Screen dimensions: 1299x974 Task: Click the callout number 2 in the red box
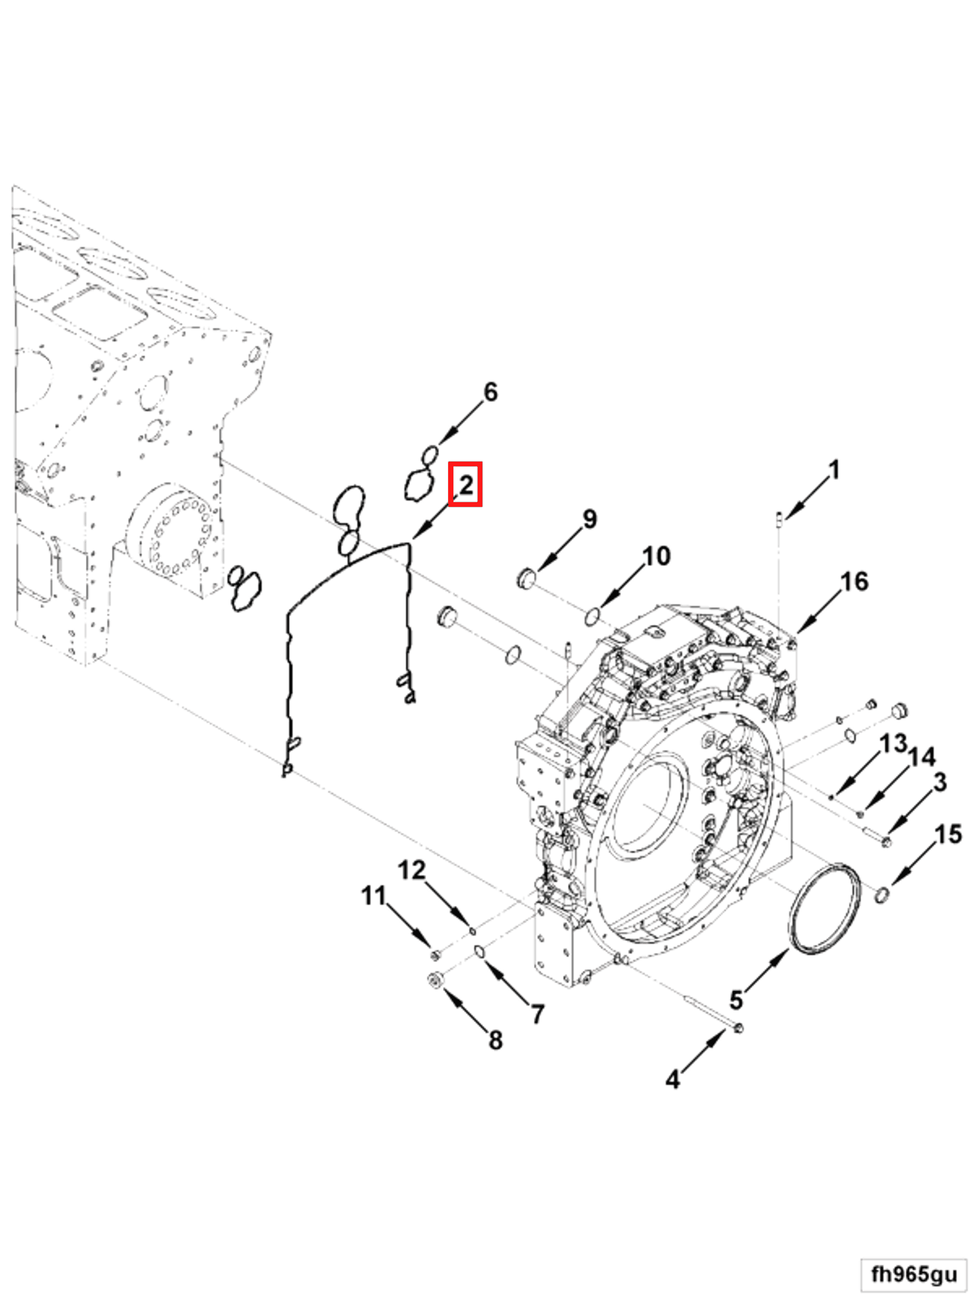465,484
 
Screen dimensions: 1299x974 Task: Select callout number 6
490,392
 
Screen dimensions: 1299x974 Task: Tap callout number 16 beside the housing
853,582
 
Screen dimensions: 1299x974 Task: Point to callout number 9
590,518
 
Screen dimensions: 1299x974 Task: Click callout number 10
656,556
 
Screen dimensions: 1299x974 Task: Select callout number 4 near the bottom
672,1079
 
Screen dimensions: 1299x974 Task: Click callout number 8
496,1040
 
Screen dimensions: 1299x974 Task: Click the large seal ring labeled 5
826,909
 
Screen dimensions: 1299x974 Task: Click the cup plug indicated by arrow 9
526,578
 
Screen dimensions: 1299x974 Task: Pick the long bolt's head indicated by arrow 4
738,1028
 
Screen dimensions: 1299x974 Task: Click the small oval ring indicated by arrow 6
430,455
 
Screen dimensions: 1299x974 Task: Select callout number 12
411,869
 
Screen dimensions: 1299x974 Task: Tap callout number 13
892,743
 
